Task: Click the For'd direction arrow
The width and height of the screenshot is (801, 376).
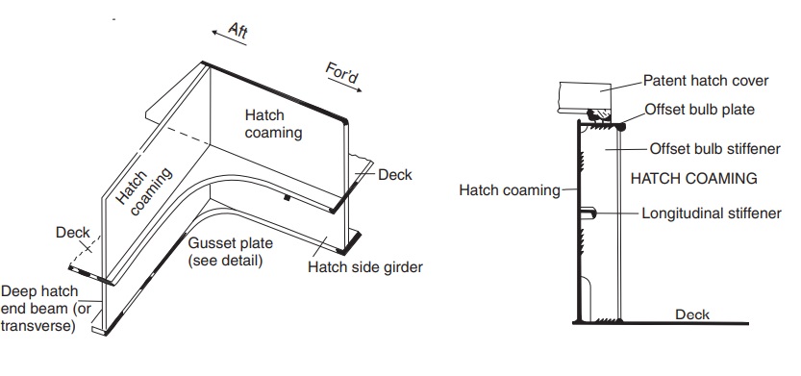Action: pos(347,85)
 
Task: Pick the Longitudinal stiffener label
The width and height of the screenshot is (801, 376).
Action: pos(711,213)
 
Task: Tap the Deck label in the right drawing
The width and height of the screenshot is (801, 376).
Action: pos(692,314)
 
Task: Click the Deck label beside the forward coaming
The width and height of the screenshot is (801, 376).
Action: pos(394,174)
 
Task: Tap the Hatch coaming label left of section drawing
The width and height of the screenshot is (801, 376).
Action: pos(510,189)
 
